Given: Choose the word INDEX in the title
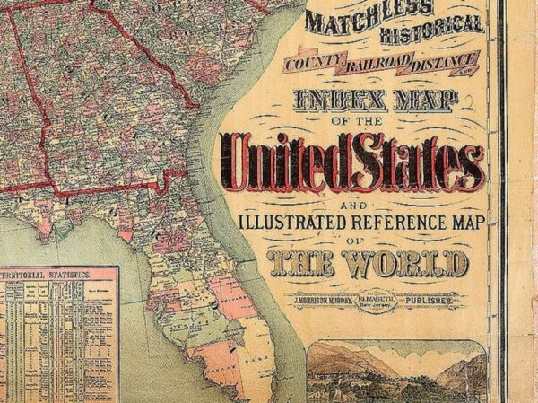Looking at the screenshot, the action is click(328, 101).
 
